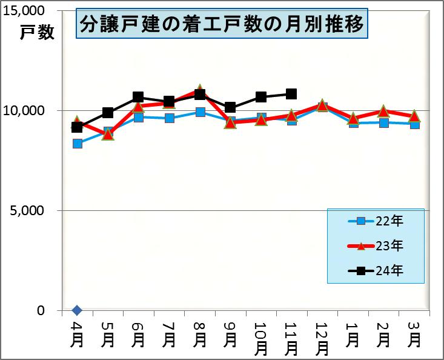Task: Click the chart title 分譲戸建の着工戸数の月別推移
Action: [222, 25]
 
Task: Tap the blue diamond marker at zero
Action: [77, 310]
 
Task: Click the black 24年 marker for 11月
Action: [291, 94]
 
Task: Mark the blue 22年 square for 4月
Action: [77, 144]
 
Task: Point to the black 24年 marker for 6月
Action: [138, 97]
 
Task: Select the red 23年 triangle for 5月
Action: [108, 134]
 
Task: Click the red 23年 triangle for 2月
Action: [383, 111]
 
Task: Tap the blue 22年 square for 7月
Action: [169, 118]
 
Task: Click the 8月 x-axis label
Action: [199, 333]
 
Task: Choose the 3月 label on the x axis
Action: [414, 333]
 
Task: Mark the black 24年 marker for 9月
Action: [230, 108]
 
